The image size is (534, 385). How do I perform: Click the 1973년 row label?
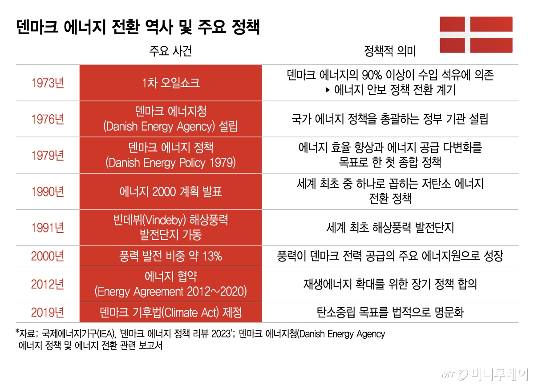tap(48, 83)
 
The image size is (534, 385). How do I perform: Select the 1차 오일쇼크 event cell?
tap(171, 83)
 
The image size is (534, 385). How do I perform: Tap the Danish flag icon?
tap(476, 35)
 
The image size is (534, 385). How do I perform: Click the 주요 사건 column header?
tap(171, 51)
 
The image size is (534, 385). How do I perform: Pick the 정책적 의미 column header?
tap(390, 51)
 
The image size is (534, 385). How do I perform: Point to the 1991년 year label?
tap(48, 228)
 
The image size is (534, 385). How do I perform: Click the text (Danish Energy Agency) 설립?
tap(171, 126)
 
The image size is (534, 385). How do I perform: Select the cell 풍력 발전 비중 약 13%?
tap(171, 256)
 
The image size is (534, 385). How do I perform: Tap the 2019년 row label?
tap(48, 313)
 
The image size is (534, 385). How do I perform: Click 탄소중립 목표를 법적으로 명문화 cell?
tap(390, 313)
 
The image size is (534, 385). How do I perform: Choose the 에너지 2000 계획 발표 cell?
tap(171, 192)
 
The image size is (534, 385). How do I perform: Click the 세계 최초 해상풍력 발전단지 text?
tap(390, 228)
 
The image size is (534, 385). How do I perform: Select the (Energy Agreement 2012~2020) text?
tap(171, 292)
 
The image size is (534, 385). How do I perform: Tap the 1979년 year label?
tap(48, 156)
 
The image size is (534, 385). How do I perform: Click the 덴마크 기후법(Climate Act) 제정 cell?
tap(171, 313)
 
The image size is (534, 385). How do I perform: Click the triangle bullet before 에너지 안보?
tap(328, 90)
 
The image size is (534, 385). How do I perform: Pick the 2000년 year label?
tap(48, 256)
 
